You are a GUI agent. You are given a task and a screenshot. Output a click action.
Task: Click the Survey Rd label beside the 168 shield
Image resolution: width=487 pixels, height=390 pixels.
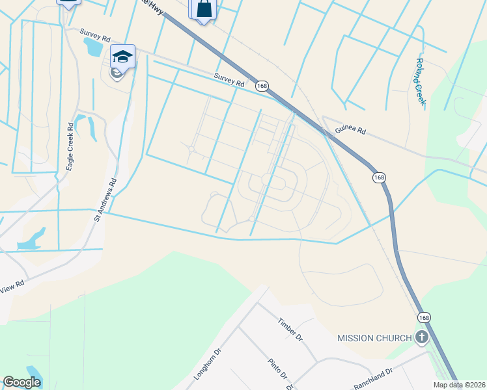point(229,80)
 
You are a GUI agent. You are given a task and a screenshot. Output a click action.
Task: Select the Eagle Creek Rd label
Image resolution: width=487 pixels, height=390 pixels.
point(70,147)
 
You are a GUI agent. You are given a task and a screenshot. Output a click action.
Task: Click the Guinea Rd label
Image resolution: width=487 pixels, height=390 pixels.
point(350,130)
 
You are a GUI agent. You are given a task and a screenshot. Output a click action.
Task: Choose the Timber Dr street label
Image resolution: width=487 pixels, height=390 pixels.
point(290,330)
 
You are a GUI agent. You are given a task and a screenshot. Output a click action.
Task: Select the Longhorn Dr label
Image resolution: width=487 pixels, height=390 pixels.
point(208,365)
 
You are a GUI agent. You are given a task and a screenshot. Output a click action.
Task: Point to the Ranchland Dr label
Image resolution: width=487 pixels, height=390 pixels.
point(372,377)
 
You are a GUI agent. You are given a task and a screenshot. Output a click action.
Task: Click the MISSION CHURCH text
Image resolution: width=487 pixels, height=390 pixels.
point(375,338)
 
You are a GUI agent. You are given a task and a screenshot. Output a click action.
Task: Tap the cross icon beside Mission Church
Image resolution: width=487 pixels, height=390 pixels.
point(422,337)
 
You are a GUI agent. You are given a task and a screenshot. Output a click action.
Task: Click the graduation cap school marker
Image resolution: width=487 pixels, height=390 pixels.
point(122,57)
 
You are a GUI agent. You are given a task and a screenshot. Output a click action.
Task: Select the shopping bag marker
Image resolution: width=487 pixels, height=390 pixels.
point(204,9)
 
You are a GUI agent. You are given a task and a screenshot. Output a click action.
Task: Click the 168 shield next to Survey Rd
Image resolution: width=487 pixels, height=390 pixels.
point(262,85)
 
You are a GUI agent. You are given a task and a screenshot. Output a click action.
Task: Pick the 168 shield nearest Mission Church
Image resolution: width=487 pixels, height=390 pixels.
point(424,317)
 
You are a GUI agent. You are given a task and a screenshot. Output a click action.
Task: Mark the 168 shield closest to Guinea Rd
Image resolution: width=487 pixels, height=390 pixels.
point(379,177)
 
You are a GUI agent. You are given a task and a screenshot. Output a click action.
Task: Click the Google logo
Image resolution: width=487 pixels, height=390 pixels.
point(21,382)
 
